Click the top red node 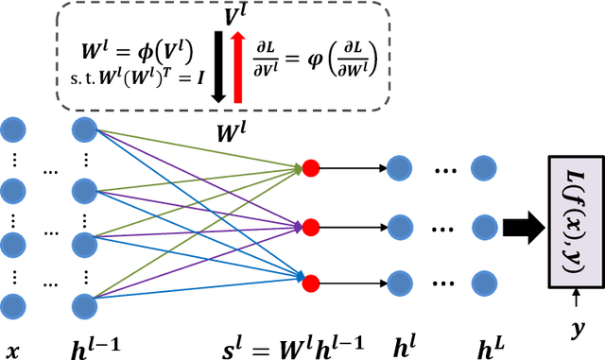[310, 169]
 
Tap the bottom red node [310, 280]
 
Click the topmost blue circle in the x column [13, 129]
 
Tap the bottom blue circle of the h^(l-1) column [84, 306]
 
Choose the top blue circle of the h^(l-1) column [84, 129]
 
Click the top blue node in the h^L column [485, 169]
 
